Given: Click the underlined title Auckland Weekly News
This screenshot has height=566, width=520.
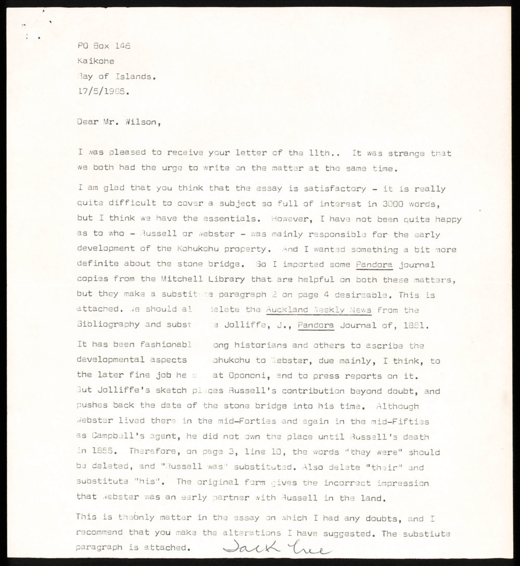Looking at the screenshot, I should point(318,310).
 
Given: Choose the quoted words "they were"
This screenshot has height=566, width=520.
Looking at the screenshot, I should point(386,452).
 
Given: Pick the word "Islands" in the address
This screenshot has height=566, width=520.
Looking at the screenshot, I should point(135,76).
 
